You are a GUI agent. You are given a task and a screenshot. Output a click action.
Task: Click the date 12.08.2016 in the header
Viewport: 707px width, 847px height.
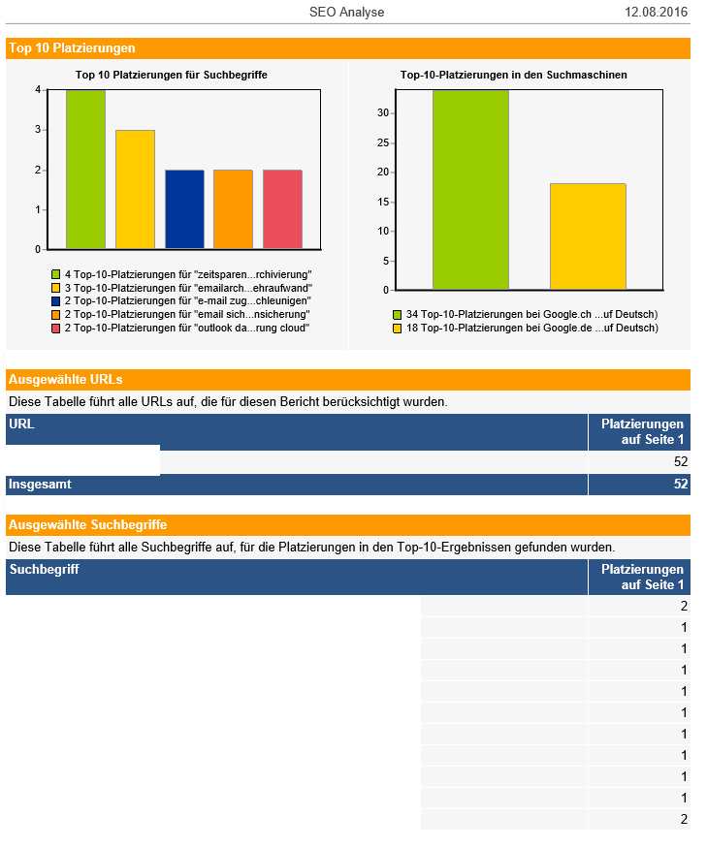[x=656, y=12]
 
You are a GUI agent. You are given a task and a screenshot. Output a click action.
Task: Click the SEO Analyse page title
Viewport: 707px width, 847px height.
[x=346, y=12]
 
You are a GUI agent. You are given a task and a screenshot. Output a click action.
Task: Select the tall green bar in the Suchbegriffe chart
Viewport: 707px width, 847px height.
[x=85, y=170]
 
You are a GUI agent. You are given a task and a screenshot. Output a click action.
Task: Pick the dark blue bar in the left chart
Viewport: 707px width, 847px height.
[x=184, y=209]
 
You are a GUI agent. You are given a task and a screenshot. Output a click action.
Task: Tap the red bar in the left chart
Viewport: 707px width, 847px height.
[x=282, y=209]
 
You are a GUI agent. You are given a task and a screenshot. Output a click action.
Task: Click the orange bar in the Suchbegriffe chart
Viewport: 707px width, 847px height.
[x=233, y=209]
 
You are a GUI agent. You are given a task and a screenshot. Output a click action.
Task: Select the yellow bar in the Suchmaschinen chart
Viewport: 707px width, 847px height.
[x=588, y=236]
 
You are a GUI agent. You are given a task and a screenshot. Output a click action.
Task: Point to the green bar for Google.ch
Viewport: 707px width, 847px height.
[x=470, y=190]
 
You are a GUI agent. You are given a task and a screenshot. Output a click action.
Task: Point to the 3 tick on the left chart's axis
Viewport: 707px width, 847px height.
[x=38, y=130]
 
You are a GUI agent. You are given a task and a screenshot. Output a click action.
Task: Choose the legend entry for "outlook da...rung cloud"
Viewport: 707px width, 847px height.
[x=180, y=328]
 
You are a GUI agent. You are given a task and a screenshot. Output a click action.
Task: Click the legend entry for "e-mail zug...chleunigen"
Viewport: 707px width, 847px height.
[x=181, y=300]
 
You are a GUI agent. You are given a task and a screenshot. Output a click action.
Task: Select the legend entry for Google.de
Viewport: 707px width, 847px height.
[x=526, y=328]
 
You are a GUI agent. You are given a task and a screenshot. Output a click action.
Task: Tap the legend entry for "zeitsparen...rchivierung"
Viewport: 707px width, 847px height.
[x=181, y=274]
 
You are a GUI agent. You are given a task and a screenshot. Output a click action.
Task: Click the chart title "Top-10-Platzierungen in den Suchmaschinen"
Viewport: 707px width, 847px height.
[x=513, y=75]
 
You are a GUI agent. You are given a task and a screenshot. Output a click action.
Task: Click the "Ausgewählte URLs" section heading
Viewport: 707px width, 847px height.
[x=65, y=380]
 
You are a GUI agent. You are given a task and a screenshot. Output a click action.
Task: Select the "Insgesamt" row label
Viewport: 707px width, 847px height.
[x=40, y=484]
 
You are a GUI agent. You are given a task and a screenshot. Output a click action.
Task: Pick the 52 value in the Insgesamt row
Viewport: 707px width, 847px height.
[x=681, y=484]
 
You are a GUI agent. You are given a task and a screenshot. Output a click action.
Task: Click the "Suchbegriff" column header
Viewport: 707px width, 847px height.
[x=45, y=569]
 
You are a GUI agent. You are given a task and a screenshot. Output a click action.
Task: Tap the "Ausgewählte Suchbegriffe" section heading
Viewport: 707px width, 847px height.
[x=87, y=525]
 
